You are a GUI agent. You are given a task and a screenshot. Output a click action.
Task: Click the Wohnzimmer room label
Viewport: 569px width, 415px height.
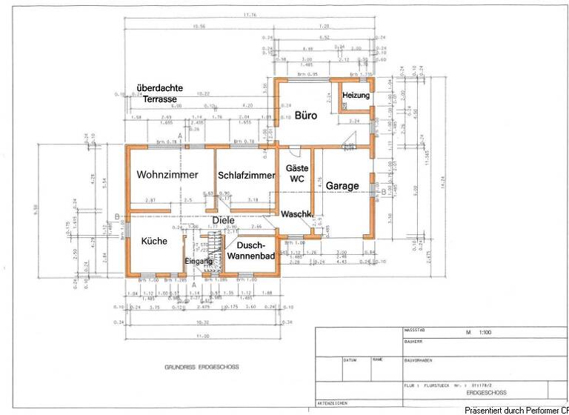click(x=167, y=176)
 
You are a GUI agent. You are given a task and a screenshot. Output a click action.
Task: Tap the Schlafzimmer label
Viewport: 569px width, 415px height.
click(x=246, y=176)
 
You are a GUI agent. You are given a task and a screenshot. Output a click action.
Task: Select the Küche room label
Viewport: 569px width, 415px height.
click(x=154, y=241)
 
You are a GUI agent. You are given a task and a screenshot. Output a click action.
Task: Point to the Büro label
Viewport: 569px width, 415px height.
click(x=306, y=116)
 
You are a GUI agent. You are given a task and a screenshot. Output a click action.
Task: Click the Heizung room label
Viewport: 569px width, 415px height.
click(x=356, y=96)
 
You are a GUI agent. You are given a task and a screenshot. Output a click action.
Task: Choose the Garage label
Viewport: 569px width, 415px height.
click(x=342, y=185)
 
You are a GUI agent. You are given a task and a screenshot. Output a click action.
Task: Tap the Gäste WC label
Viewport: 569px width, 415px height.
click(x=297, y=173)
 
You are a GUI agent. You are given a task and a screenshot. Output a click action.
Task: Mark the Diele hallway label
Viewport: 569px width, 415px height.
click(x=223, y=220)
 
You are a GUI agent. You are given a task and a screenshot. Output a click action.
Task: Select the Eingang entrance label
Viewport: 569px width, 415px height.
click(x=199, y=262)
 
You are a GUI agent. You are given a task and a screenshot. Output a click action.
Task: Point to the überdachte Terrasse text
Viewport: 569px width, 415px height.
click(x=154, y=93)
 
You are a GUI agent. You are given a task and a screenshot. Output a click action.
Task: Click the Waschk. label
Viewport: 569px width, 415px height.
click(x=296, y=213)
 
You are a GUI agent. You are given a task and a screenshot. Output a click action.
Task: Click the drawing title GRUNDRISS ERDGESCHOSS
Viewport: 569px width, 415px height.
click(x=199, y=367)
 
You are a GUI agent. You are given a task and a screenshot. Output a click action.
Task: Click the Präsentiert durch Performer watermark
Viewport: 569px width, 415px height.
click(x=516, y=410)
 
